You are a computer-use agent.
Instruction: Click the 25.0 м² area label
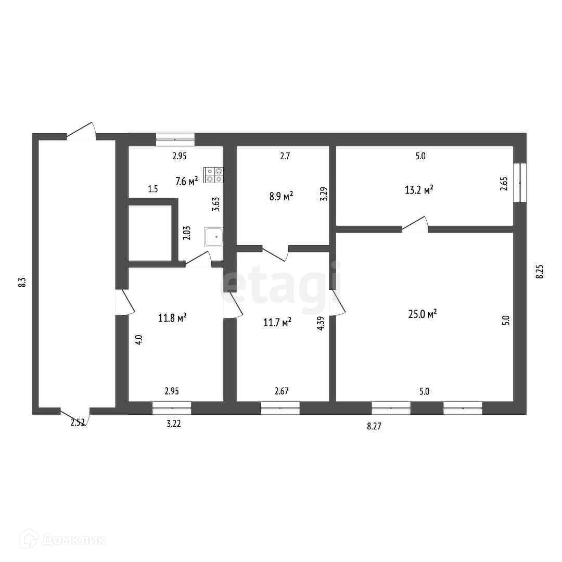423,314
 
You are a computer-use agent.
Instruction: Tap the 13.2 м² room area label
419,189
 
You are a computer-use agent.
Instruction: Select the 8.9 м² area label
282,196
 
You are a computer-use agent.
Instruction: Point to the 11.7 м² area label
277,323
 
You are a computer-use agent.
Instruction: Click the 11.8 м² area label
172,317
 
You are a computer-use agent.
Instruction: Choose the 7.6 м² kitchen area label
187,181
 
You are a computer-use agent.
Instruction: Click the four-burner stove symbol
214,175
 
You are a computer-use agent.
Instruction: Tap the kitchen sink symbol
214,237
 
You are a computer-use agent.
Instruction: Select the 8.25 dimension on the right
540,271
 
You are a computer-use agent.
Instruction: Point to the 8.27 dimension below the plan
374,426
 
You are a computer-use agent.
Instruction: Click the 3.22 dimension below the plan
174,424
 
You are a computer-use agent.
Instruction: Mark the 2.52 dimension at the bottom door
78,423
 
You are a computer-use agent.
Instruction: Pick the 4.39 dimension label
321,323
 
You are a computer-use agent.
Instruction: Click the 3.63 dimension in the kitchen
216,204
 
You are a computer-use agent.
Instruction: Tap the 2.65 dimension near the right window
504,184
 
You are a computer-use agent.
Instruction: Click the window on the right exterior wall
520,183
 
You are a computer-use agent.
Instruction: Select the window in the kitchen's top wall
175,139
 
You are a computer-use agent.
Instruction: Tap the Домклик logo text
74,540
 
